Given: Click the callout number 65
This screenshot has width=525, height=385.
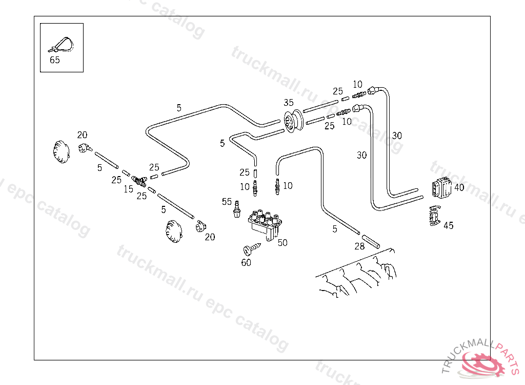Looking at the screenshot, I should tap(55, 60).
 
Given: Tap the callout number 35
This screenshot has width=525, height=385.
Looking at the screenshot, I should tap(289, 103).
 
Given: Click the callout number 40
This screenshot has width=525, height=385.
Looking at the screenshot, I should tap(459, 188).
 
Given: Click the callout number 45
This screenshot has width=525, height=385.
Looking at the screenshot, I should tap(448, 225).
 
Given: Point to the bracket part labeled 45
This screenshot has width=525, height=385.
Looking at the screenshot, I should tap(434, 215).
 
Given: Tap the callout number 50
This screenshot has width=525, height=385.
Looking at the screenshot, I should tap(282, 243).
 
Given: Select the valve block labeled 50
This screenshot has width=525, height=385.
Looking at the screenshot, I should tap(265, 224).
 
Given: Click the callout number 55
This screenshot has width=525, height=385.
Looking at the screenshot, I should tap(227, 202).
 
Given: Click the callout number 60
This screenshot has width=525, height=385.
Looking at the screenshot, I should tap(246, 263).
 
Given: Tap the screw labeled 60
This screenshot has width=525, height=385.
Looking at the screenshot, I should tap(252, 249).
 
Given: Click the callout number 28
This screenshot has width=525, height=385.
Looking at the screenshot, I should tap(359, 246).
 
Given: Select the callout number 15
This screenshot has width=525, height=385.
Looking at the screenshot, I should tap(128, 189).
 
